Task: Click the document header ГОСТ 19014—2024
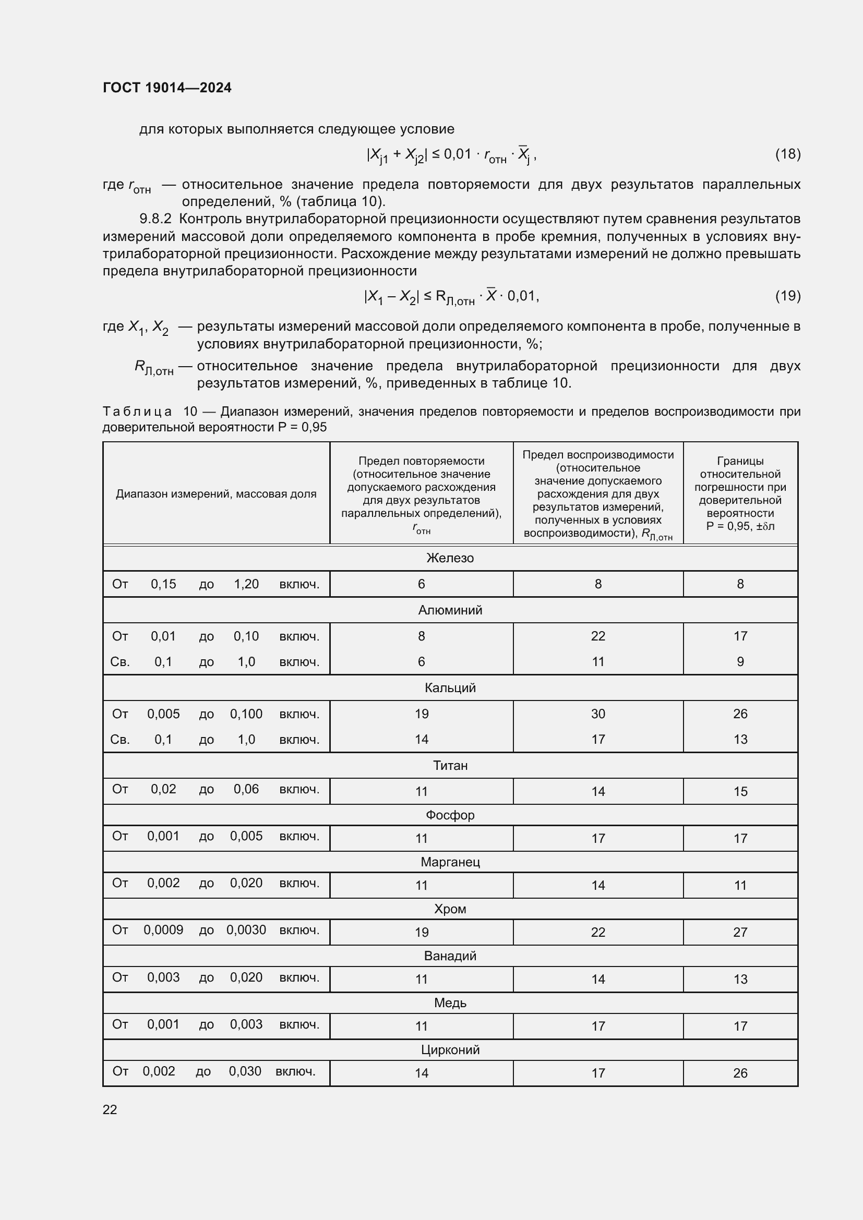pos(167,88)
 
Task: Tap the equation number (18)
pos(787,154)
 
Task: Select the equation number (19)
pos(787,295)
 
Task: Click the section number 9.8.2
pos(155,219)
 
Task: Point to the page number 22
pos(110,1109)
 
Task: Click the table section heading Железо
pos(450,558)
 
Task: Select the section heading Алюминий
pos(450,610)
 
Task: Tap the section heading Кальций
pos(450,687)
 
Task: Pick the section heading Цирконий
pos(450,1049)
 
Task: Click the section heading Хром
pos(450,909)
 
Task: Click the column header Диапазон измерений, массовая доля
pos(216,493)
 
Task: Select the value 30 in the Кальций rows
pos(598,714)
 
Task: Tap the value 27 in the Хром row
pos(740,932)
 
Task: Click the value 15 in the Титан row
pos(740,791)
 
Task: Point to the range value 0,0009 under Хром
pos(163,930)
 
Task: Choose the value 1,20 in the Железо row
pos(246,584)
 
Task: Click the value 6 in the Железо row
pos(421,584)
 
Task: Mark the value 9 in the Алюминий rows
pos(740,661)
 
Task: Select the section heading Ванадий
pos(450,956)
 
